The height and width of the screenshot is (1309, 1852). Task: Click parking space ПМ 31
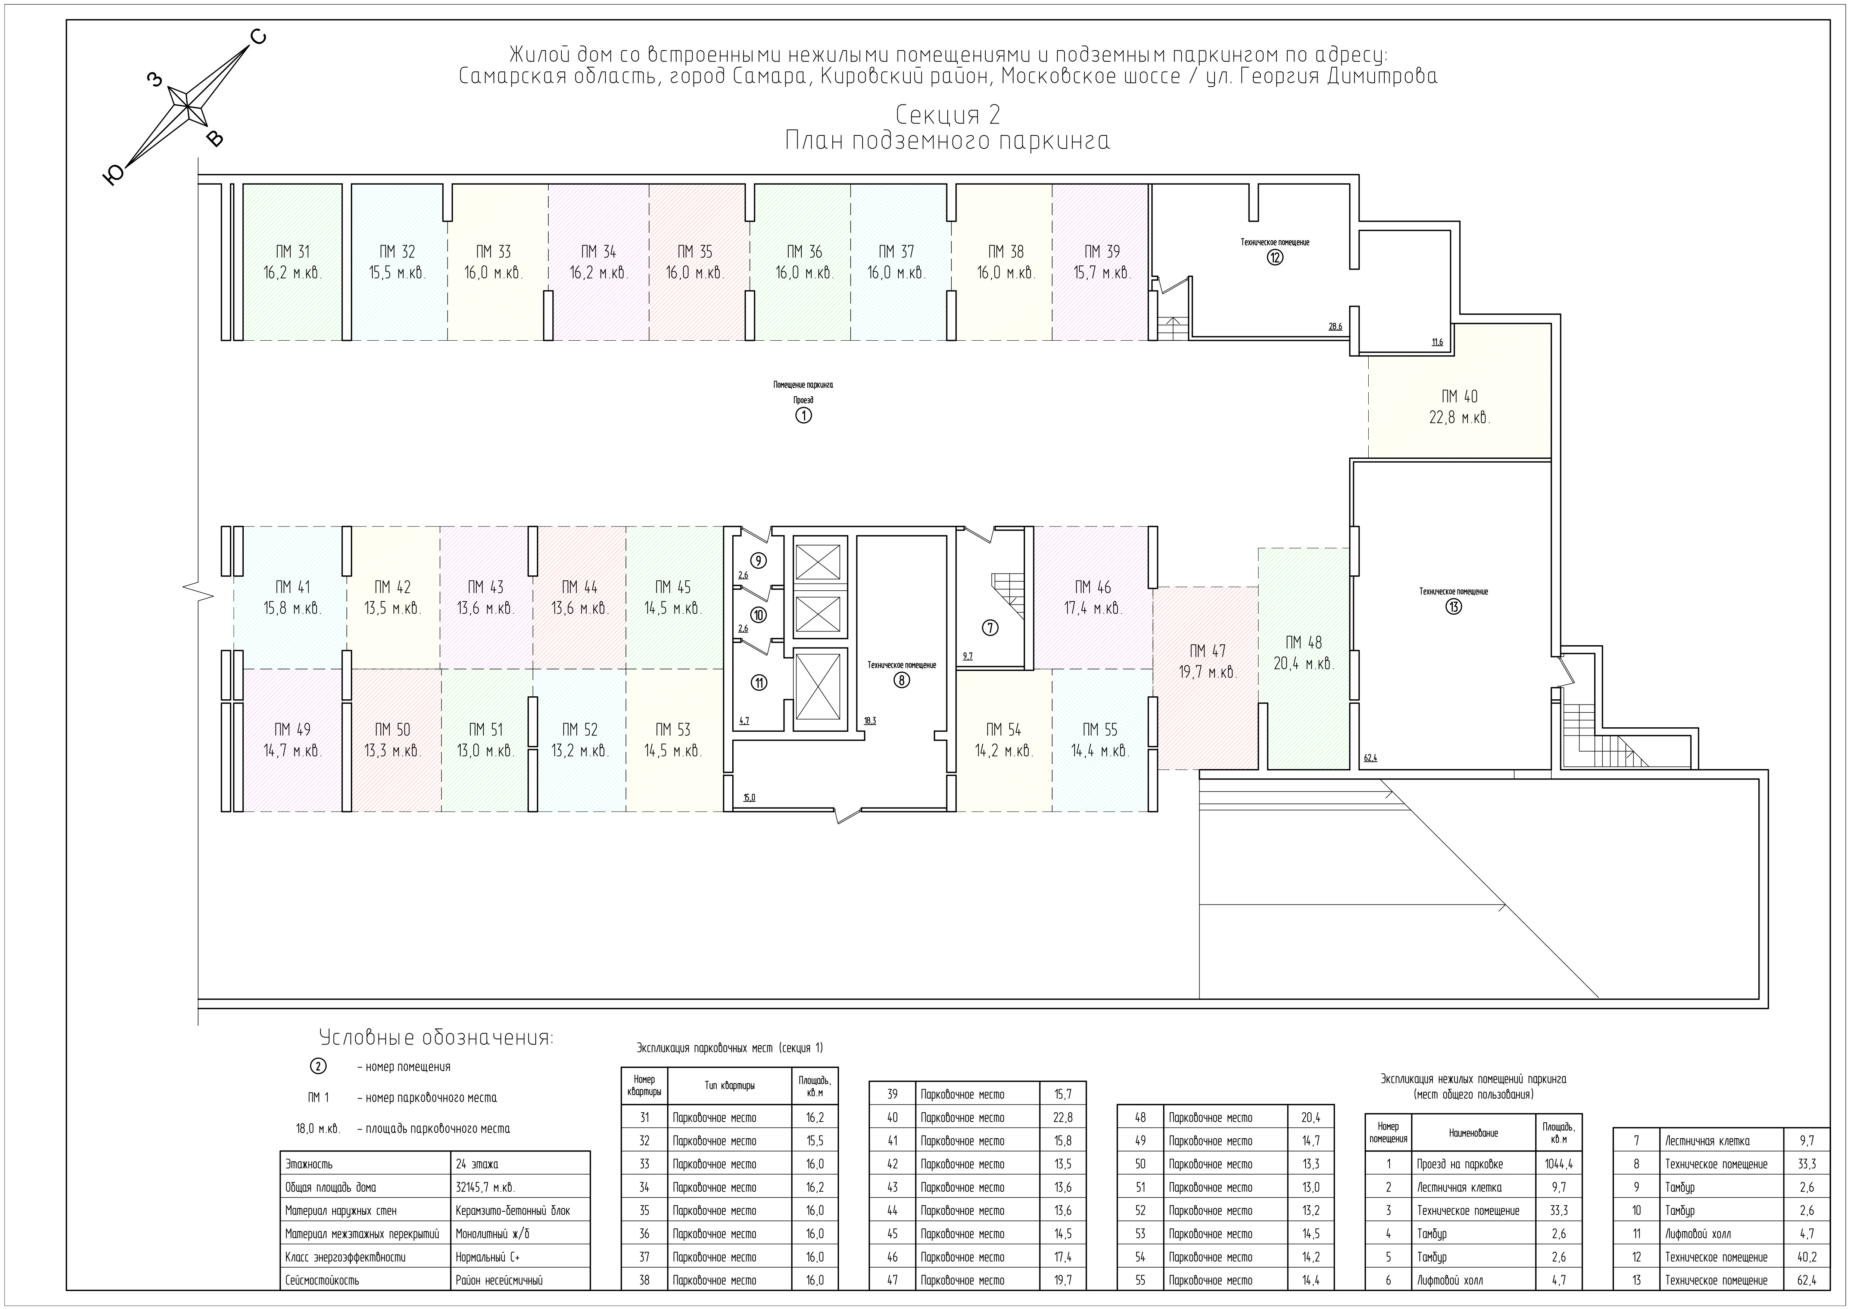(292, 262)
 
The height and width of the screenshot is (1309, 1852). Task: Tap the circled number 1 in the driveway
(804, 415)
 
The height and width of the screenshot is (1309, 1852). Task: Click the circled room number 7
(991, 628)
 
